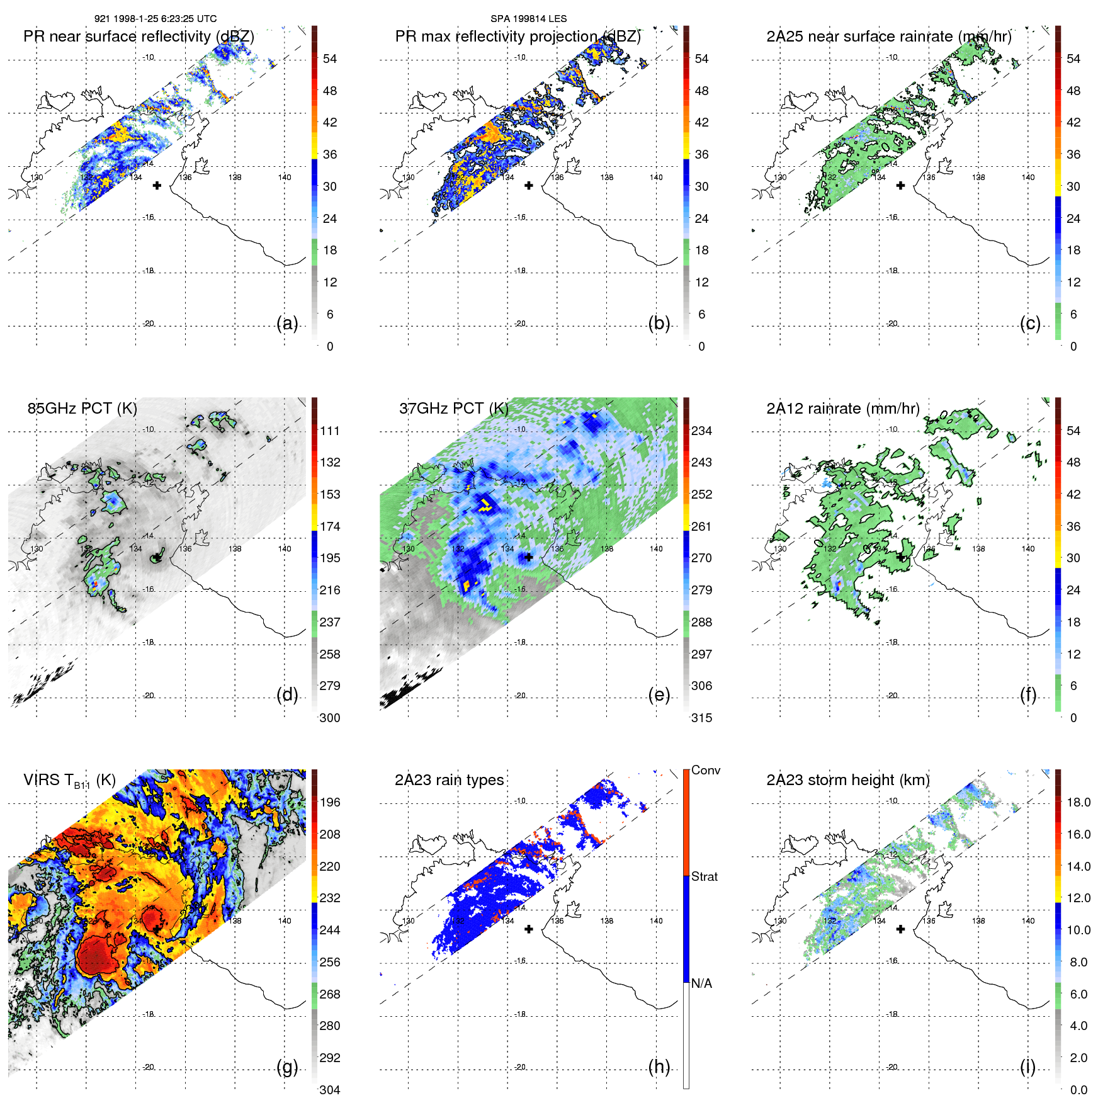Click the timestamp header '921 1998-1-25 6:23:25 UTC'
tap(156, 19)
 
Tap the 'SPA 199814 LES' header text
tap(528, 19)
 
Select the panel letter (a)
tap(287, 323)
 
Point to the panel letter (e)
tap(659, 694)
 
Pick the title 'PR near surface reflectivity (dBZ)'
tap(139, 37)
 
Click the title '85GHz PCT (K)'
tap(82, 408)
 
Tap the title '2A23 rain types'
tap(449, 780)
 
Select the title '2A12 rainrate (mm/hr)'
tap(842, 408)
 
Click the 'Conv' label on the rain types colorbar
tap(706, 770)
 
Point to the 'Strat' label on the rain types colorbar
tap(705, 876)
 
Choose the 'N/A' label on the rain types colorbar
tap(701, 983)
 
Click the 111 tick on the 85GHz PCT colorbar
tap(330, 431)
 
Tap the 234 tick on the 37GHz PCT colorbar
tap(701, 431)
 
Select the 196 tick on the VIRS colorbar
tap(330, 802)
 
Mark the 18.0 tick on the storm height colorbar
tap(1078, 802)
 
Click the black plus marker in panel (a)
tap(157, 186)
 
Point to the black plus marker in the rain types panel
tap(529, 929)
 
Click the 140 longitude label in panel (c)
tap(1028, 178)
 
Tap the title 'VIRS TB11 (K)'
tap(69, 781)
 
